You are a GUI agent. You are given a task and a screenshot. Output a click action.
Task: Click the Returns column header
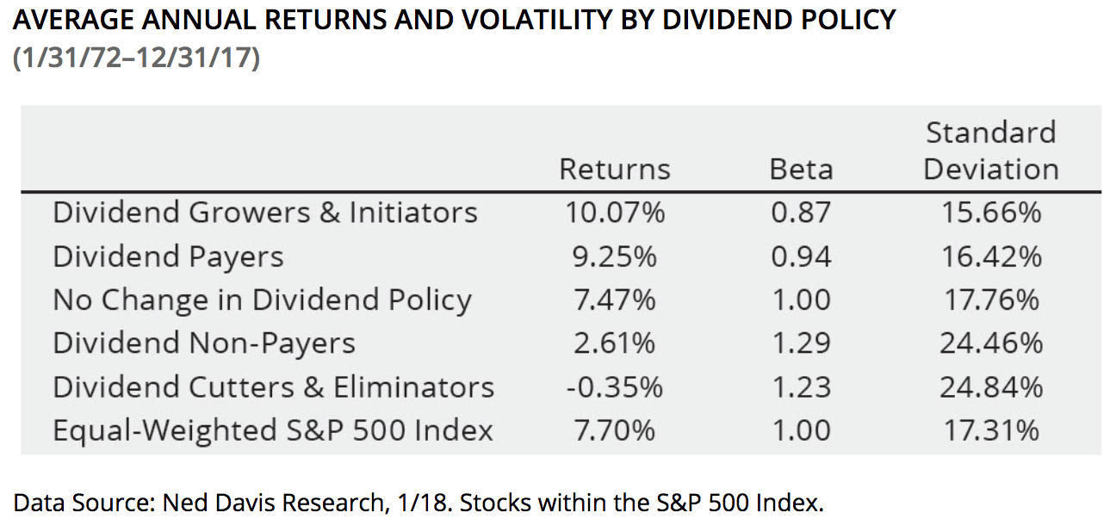tap(614, 169)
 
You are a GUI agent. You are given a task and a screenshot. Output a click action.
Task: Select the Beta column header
tap(801, 169)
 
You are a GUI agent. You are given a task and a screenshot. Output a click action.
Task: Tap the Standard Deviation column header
tap(990, 151)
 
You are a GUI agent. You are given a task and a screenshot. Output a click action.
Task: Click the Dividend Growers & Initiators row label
tap(264, 213)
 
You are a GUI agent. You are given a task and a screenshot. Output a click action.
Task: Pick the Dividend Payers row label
tap(168, 256)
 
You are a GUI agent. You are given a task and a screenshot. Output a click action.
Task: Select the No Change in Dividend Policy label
tap(262, 300)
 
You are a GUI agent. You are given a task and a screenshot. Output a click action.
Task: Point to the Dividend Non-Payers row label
tap(204, 343)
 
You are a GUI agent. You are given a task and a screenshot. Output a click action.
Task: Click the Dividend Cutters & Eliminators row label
tap(273, 386)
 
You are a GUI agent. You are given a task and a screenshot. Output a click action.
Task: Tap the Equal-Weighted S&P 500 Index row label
tap(273, 429)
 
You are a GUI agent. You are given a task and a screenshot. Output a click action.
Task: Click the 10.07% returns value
tap(615, 213)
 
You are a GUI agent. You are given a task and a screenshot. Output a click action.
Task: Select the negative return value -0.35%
tap(615, 386)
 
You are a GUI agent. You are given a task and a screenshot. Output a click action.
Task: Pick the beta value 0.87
tap(801, 213)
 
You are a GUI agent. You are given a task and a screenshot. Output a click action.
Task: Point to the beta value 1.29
tap(801, 343)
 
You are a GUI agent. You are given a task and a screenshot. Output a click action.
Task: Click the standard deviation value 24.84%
tap(990, 386)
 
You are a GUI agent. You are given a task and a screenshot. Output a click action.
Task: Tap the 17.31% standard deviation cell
tap(990, 429)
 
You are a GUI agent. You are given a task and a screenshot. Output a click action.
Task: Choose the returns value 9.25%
tap(615, 256)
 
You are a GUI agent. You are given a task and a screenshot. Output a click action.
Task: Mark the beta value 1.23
tap(801, 386)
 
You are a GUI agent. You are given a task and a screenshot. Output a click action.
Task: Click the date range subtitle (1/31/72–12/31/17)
tap(136, 61)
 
